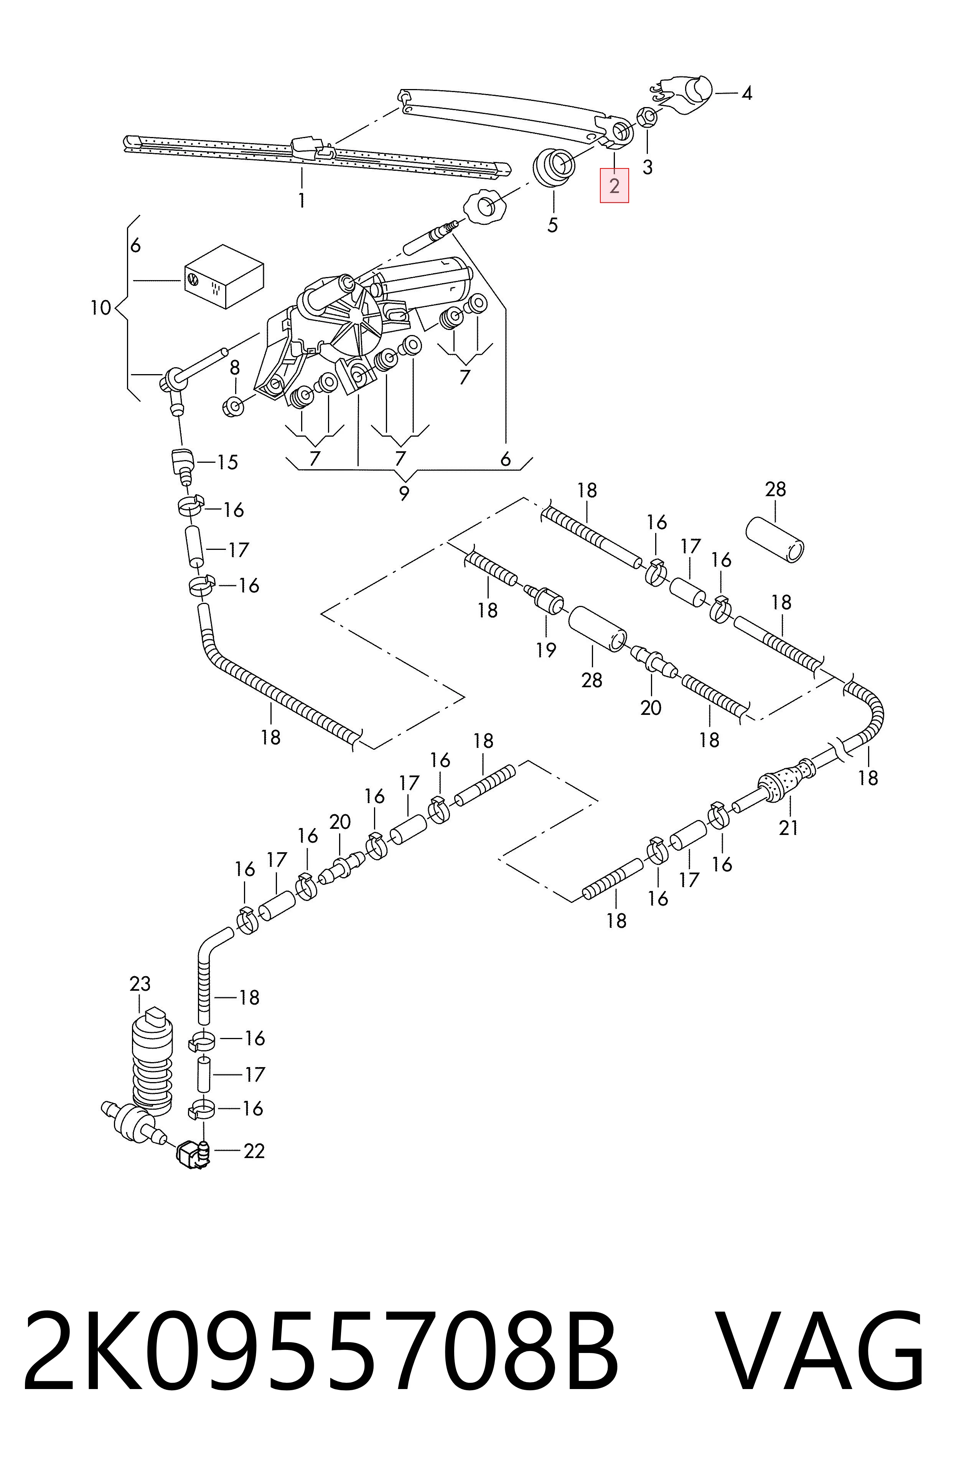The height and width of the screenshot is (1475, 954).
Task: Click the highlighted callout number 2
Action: [614, 186]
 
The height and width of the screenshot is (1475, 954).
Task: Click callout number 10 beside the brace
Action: [101, 307]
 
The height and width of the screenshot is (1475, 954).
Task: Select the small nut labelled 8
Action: [233, 407]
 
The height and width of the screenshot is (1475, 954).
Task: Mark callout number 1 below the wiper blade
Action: [301, 201]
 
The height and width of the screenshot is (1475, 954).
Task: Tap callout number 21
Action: [789, 827]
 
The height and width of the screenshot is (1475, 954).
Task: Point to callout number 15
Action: [227, 462]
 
